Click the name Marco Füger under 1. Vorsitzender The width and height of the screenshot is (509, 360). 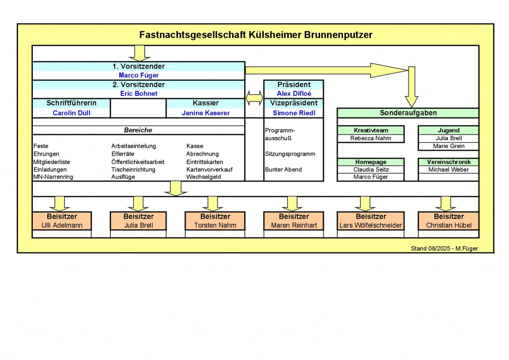(x=139, y=76)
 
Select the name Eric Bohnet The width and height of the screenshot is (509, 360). (x=139, y=93)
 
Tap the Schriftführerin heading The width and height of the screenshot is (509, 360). (x=71, y=103)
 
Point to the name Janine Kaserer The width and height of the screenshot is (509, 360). (x=205, y=113)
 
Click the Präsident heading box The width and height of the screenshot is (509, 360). (x=293, y=85)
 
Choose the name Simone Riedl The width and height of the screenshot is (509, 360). (x=293, y=113)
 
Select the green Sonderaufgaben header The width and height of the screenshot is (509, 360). (x=408, y=113)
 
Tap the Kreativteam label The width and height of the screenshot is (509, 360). (x=371, y=130)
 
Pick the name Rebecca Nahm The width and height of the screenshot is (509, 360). (x=371, y=138)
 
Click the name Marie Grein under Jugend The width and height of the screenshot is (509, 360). (x=448, y=146)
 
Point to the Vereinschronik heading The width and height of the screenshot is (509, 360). (x=448, y=162)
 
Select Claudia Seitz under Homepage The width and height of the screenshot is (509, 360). (x=371, y=170)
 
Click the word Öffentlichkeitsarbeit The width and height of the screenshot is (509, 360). (x=138, y=162)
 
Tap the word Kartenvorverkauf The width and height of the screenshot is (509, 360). (x=209, y=170)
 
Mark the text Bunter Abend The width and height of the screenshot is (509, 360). (x=283, y=170)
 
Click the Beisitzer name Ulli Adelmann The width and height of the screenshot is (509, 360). (x=62, y=225)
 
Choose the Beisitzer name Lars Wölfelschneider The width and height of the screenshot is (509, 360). (x=371, y=225)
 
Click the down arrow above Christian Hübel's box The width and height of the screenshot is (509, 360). (x=445, y=202)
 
